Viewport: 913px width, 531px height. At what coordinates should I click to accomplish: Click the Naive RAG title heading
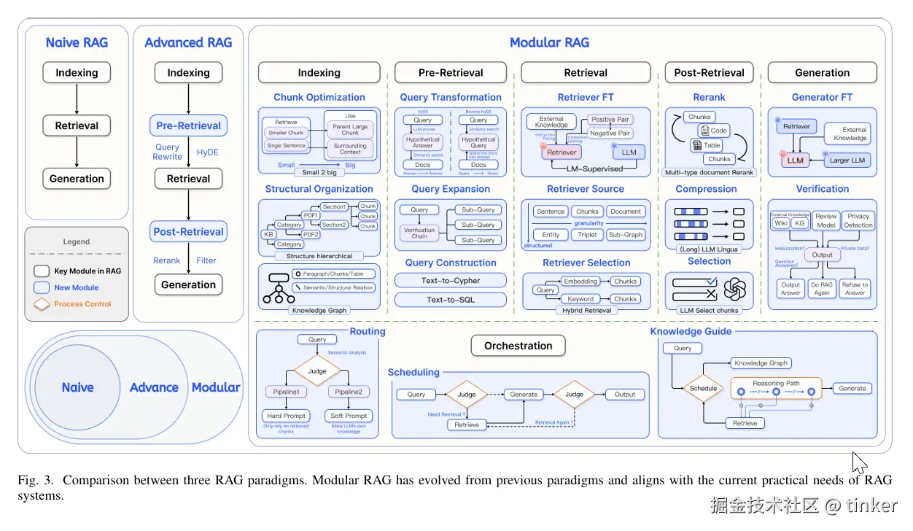tap(77, 42)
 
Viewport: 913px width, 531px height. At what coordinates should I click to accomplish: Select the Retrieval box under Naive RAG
tap(77, 125)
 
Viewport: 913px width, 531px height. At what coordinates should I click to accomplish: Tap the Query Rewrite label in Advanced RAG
tap(167, 152)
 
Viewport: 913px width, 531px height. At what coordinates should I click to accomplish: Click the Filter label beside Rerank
tap(206, 260)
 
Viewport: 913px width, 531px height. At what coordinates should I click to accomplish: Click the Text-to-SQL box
tap(450, 300)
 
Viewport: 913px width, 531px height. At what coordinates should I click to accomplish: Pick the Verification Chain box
tap(419, 233)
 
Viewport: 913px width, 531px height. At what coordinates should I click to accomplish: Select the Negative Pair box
tap(610, 133)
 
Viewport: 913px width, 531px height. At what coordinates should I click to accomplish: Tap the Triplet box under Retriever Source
tap(588, 235)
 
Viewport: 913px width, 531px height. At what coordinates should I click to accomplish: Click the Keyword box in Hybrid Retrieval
tap(580, 299)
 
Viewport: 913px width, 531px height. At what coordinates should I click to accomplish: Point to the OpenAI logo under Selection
tap(734, 290)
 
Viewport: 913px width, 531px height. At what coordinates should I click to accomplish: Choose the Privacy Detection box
tap(858, 220)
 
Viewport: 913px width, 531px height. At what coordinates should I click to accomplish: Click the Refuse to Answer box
tap(855, 289)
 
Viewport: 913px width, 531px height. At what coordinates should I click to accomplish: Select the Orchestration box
tap(518, 346)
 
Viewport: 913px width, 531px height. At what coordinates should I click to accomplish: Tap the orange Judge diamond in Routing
tap(317, 371)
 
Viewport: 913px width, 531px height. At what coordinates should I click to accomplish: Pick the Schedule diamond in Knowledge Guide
tap(703, 388)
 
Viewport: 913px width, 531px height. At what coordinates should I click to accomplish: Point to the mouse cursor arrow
tap(859, 463)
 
